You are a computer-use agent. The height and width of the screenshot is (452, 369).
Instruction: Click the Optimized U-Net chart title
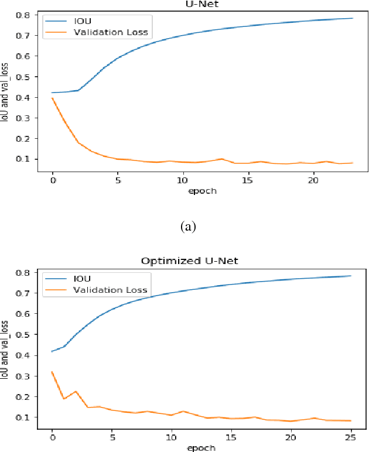pyautogui.click(x=189, y=261)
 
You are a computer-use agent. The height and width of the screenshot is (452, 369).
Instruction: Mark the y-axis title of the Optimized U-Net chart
pyautogui.click(x=5, y=350)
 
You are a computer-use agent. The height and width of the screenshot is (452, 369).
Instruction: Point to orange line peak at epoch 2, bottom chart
pyautogui.click(x=76, y=391)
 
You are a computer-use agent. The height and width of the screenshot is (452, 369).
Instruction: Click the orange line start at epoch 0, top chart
pyautogui.click(x=52, y=98)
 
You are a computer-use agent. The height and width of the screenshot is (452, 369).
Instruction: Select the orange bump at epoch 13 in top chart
pyautogui.click(x=221, y=159)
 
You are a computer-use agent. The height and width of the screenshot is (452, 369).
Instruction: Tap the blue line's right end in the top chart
pyautogui.click(x=352, y=18)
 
